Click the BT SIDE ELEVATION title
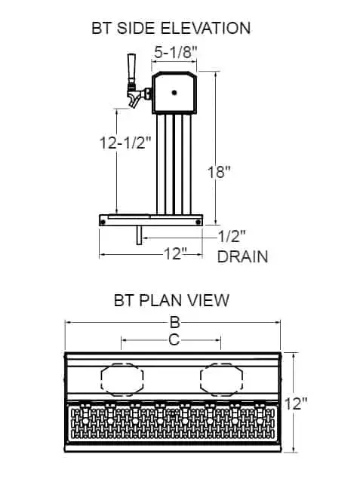point(171,28)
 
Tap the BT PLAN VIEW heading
point(171,300)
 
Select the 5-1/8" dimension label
point(176,52)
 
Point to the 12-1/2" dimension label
point(125,143)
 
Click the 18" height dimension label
point(219,172)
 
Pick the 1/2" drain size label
point(232,236)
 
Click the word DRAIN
point(242,256)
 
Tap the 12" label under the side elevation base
point(176,253)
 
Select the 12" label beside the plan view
point(296,403)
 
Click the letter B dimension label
point(174,322)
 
